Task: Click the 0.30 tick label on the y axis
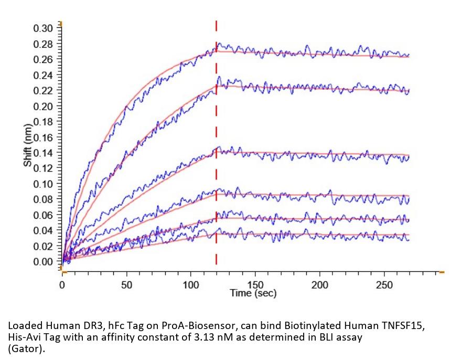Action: [43, 28]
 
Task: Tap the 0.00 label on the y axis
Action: [43, 262]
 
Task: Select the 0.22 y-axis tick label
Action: [43, 91]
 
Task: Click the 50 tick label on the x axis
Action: [126, 285]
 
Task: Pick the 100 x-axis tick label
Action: [191, 285]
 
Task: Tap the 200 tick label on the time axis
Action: [320, 285]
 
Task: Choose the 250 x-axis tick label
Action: [384, 285]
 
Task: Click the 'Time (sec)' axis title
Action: [253, 293]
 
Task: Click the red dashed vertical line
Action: [216, 157]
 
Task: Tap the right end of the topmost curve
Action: [409, 55]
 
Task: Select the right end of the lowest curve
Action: [409, 239]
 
